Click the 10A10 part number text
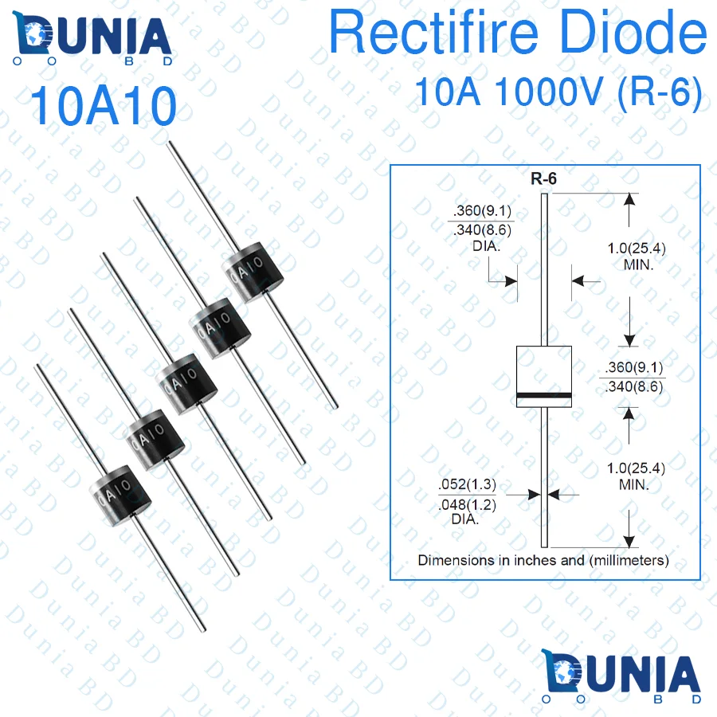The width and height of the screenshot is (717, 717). click(x=103, y=107)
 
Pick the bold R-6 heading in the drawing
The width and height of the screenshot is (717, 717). click(x=544, y=179)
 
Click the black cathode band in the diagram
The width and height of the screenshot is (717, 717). click(x=544, y=396)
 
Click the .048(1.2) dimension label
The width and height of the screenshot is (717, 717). click(x=465, y=504)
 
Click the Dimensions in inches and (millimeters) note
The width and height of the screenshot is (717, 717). click(x=543, y=560)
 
